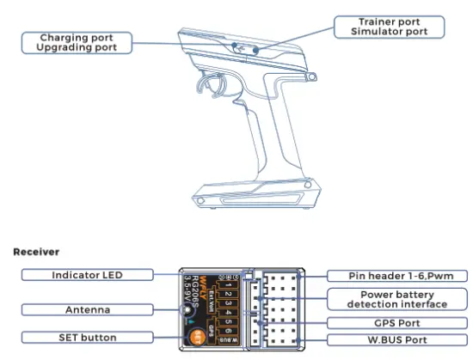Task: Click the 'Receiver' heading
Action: coord(35,252)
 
